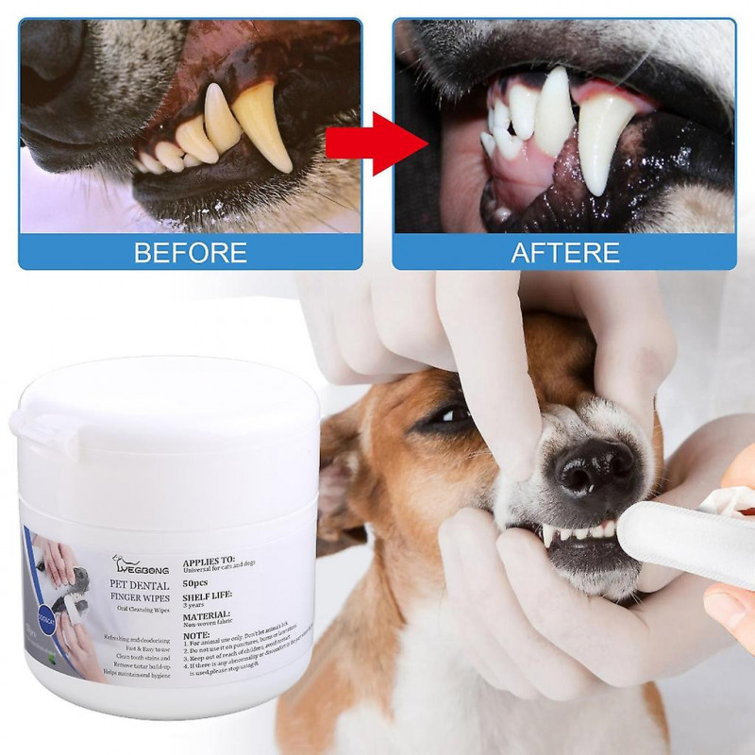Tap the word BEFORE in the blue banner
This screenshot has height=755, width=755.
[191, 252]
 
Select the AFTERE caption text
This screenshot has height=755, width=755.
[565, 252]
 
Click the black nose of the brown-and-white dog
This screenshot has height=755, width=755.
[591, 466]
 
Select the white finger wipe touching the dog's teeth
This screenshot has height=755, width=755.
[684, 538]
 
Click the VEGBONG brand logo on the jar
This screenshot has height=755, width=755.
[142, 565]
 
